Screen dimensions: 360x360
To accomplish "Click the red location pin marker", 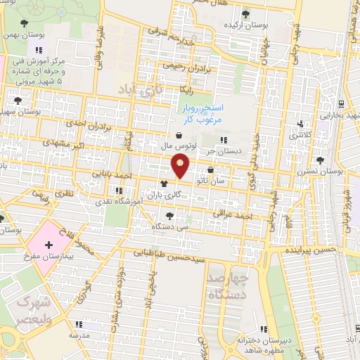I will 181,166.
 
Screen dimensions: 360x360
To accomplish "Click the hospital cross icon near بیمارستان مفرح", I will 48,246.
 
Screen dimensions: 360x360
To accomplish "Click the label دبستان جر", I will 222,150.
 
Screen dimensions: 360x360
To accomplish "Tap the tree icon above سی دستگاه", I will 169,216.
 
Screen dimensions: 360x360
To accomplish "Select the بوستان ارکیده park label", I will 243,25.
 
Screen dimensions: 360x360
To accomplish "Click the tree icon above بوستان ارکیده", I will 245,13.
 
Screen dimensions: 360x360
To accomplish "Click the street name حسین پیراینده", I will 311,250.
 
